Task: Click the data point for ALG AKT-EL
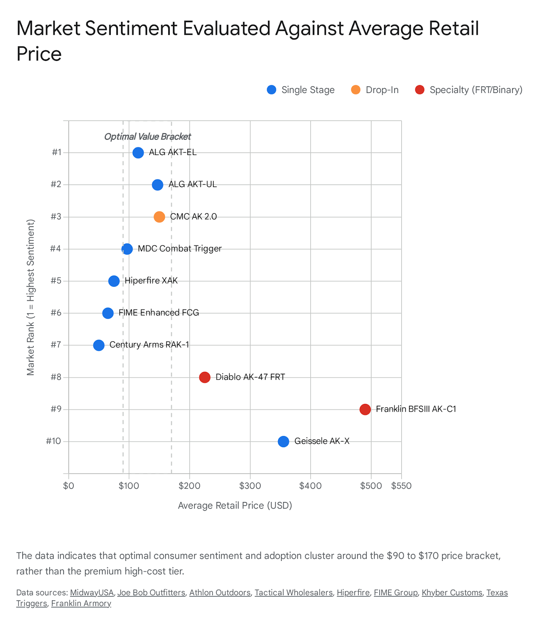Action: [x=138, y=152]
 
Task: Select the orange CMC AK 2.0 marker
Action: [x=159, y=217]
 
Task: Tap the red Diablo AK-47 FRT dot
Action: [x=205, y=377]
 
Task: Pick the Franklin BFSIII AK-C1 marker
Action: [x=365, y=409]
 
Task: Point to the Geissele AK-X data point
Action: [x=283, y=441]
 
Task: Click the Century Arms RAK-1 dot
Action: [x=99, y=345]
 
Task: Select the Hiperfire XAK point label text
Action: [x=151, y=280]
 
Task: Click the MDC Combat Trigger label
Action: [x=180, y=248]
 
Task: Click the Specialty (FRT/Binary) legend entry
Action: [x=468, y=90]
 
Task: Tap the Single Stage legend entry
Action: [x=301, y=90]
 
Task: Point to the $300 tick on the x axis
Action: [x=250, y=486]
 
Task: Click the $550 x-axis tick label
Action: [x=401, y=486]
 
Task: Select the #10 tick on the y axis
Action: [x=53, y=441]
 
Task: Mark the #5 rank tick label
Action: [x=56, y=280]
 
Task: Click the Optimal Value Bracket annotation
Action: [x=148, y=137]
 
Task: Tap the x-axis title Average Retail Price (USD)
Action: [x=235, y=505]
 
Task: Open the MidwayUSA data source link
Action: [x=92, y=593]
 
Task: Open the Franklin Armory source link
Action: [x=81, y=604]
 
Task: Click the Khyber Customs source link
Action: [x=452, y=593]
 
